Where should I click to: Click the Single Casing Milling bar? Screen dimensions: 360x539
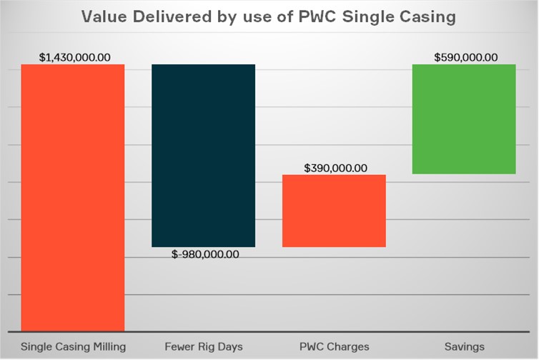73,197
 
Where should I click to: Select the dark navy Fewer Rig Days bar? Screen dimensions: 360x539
203,155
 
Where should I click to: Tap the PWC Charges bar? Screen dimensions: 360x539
334,211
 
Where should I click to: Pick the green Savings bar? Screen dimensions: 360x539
464,119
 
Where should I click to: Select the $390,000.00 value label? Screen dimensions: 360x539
335,169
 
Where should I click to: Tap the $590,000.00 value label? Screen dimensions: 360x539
465,57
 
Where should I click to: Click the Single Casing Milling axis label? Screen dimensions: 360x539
73,346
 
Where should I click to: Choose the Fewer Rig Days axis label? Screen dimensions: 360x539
203,346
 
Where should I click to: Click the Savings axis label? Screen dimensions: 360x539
464,346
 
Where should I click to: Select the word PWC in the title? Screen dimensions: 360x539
317,17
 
